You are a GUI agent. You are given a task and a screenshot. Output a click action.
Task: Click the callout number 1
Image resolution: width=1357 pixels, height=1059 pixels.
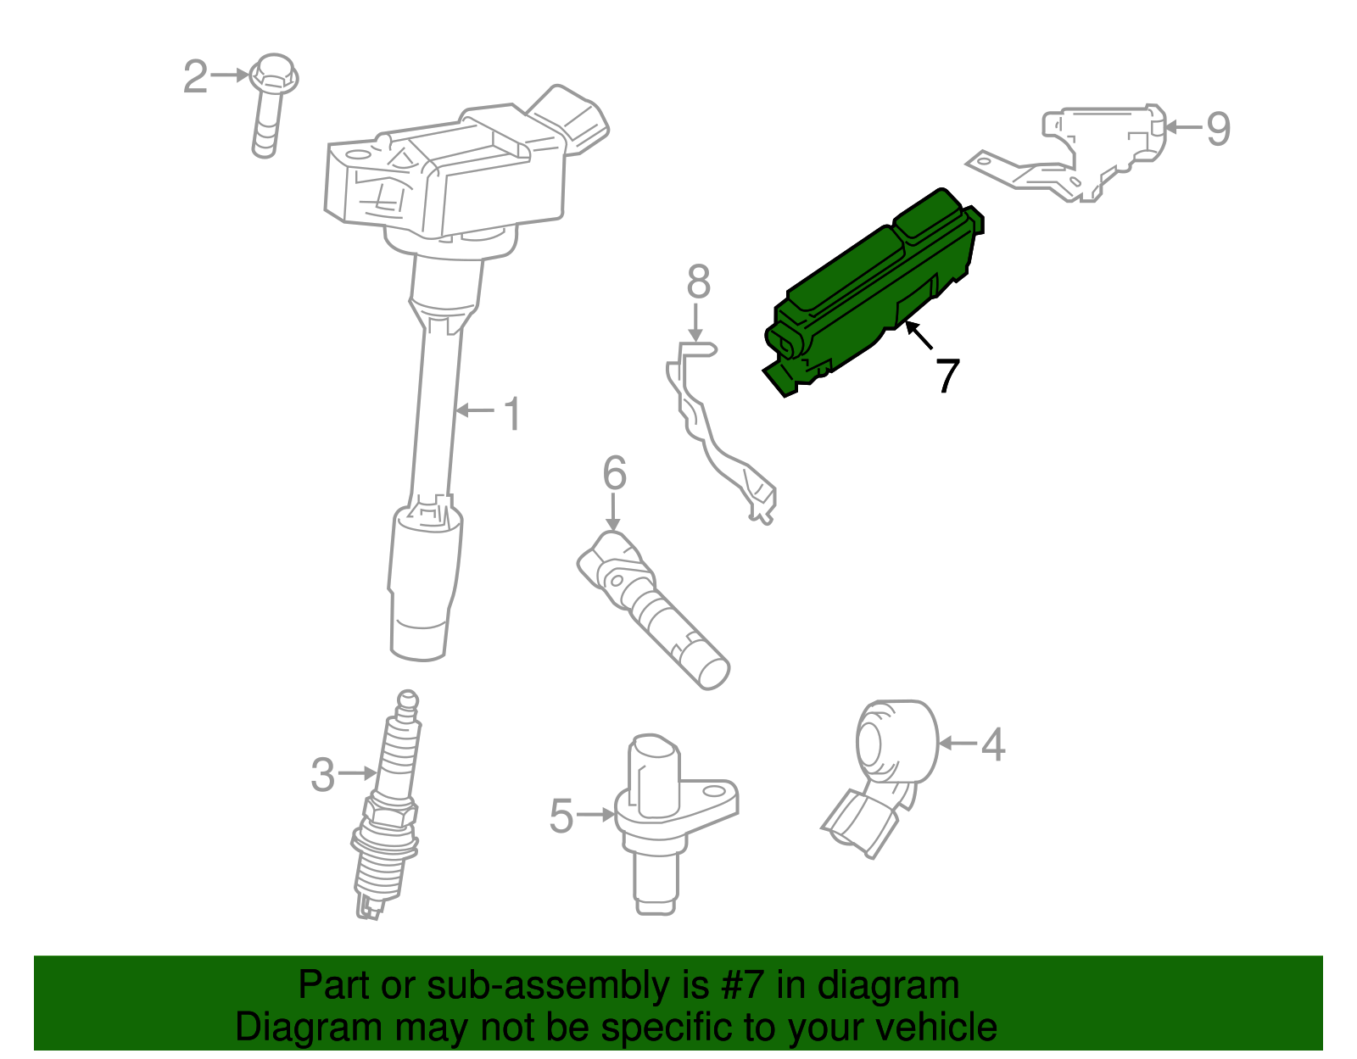coord(512,414)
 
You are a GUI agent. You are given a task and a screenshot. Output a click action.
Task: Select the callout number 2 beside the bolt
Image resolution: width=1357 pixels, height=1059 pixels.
coord(196,77)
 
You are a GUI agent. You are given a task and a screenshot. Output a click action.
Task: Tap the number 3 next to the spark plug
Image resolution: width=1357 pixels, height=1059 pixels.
coord(322,774)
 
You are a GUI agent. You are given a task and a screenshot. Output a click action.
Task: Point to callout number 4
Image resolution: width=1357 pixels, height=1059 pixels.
coord(993,744)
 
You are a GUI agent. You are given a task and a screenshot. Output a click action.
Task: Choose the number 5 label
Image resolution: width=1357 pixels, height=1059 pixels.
coord(561,816)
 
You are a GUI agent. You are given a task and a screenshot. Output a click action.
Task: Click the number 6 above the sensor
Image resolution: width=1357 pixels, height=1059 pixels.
coord(614,473)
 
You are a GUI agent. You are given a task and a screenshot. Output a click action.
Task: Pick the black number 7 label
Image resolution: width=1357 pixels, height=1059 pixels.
coord(947,375)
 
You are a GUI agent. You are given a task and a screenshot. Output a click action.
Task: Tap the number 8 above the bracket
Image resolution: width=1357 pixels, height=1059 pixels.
coord(698,282)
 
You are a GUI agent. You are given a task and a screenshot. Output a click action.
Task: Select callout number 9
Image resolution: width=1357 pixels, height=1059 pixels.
coord(1218,129)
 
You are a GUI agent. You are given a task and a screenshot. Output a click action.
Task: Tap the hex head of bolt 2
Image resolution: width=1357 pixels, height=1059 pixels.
coord(273,75)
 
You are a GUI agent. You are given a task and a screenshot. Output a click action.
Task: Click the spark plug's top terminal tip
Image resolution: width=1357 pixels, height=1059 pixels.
coord(409,700)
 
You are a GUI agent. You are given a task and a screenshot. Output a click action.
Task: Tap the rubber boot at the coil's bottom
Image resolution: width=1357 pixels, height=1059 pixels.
coord(422,585)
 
